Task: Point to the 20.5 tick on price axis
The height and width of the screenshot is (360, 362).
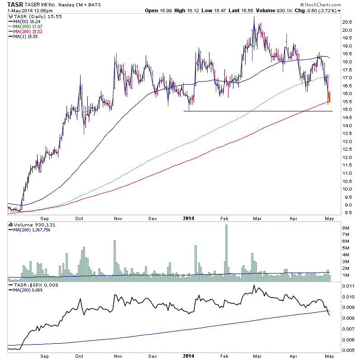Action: point(347,22)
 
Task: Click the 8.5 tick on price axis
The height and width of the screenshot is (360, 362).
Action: point(346,212)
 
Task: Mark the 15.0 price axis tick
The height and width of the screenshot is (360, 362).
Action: point(347,109)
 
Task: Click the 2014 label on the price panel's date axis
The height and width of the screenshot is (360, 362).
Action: point(189,218)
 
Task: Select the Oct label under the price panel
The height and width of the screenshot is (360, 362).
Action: point(80,218)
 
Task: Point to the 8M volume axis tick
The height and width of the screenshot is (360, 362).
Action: point(347,228)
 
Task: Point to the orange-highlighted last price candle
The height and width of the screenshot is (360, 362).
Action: point(329,96)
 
